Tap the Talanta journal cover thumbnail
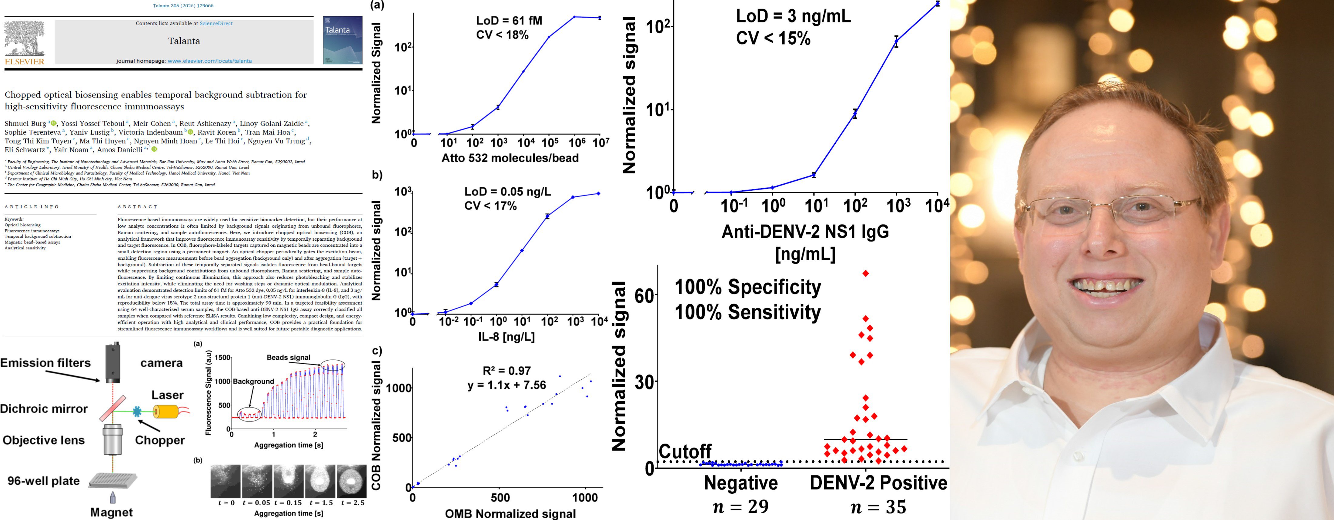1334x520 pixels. pos(342,40)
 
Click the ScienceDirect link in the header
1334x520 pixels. pos(216,23)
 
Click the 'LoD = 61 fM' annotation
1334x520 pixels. pos(509,21)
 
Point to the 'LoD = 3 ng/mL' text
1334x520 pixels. pos(793,17)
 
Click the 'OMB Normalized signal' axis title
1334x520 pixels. pos(510,513)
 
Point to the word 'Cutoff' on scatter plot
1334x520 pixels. pos(685,452)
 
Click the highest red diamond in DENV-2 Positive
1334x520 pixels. pos(865,273)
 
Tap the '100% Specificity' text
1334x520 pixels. pos(747,287)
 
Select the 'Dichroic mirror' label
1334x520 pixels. pos(44,409)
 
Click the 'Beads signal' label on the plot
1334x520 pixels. pos(289,357)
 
